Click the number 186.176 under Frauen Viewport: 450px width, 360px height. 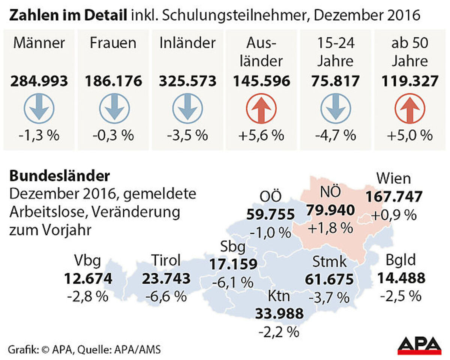click(114, 81)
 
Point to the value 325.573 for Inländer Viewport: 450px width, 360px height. click(188, 81)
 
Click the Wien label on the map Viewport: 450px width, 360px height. click(393, 178)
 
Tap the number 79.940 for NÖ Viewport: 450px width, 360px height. click(330, 210)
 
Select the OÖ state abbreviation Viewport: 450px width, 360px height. click(270, 196)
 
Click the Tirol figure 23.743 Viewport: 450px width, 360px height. click(166, 279)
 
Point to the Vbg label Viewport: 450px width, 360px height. click(87, 261)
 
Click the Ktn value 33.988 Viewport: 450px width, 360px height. click(279, 313)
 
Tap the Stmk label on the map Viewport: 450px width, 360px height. click(330, 261)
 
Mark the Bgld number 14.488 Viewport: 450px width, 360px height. click(401, 278)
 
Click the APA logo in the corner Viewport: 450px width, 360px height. click(419, 345)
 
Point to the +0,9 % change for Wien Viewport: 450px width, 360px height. click(393, 215)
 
